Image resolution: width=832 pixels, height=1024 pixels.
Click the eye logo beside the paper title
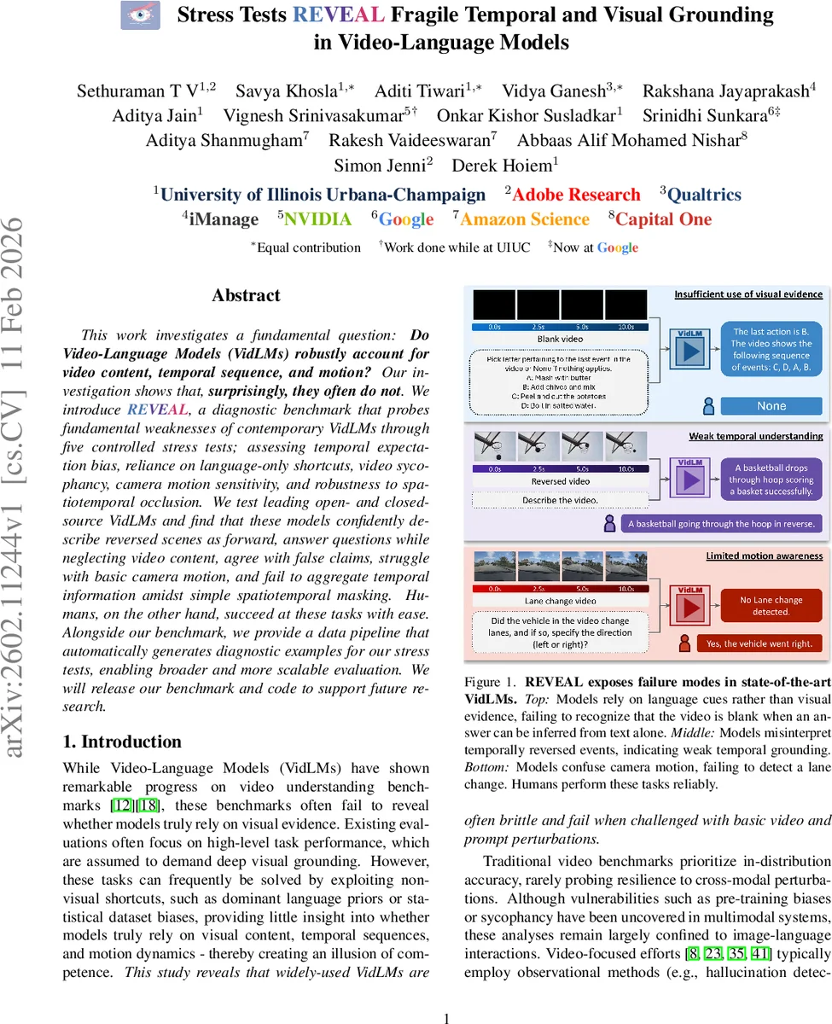[x=140, y=15]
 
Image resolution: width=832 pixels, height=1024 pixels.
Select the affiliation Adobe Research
[x=576, y=195]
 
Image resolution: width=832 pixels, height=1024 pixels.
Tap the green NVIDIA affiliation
[x=317, y=219]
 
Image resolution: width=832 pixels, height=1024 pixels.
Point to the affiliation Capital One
[x=663, y=219]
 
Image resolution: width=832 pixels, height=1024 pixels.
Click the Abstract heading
[x=247, y=295]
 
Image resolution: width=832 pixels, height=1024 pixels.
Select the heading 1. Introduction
[x=122, y=741]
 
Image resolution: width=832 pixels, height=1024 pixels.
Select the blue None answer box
[x=771, y=406]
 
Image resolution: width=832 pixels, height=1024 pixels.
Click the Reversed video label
[x=561, y=481]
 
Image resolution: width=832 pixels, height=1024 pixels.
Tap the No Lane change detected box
[x=771, y=606]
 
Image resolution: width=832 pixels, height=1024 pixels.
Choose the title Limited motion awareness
[x=764, y=556]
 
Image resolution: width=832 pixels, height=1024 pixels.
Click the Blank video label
[x=561, y=339]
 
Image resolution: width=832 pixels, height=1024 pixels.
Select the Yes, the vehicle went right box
[x=759, y=643]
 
